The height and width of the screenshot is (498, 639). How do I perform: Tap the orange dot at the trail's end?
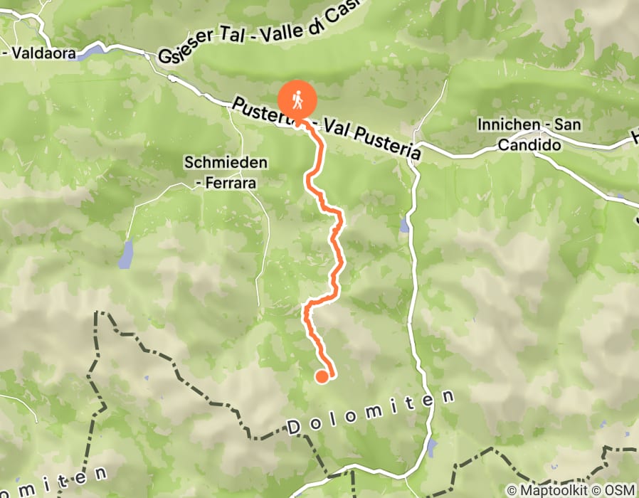(322, 376)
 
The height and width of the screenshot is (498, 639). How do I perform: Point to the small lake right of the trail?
(404, 226)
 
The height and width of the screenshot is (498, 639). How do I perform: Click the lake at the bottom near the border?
(433, 448)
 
